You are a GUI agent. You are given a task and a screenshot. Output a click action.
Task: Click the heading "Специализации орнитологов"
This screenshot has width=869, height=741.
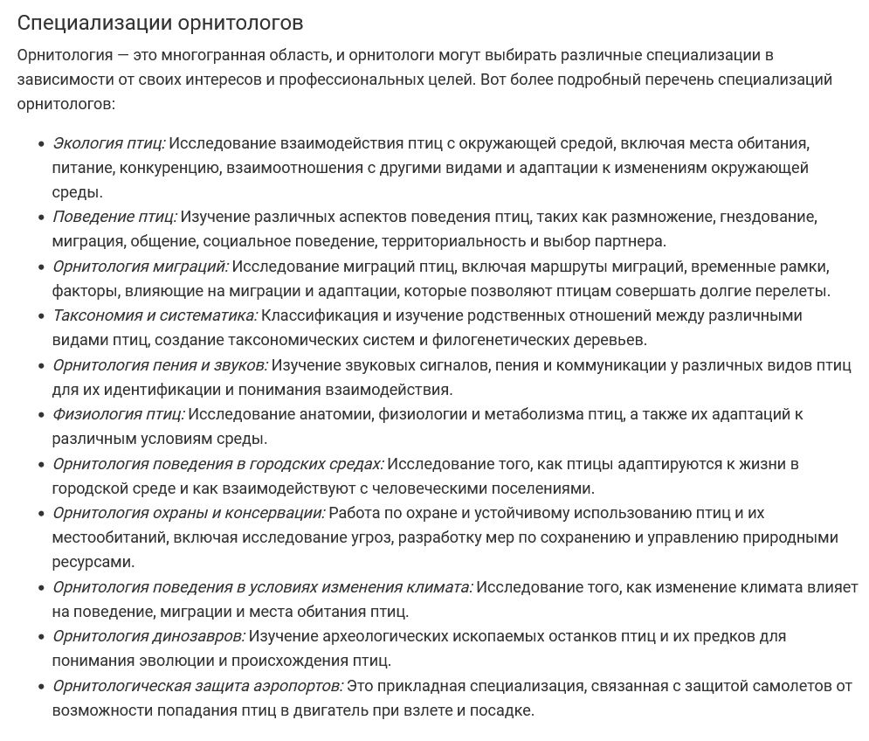pos(160,22)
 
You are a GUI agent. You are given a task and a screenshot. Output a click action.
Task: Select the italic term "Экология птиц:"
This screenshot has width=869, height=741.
pos(108,143)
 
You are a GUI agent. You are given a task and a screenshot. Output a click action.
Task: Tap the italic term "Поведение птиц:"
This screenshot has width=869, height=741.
pos(114,217)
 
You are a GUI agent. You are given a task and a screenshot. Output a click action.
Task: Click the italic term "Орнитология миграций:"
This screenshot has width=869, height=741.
pos(140,267)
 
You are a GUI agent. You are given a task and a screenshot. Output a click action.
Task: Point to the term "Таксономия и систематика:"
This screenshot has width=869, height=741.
pos(155,315)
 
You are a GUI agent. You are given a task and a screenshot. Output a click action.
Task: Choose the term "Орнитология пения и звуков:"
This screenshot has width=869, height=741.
pos(160,365)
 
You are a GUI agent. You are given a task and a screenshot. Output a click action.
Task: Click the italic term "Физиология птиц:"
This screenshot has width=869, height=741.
pos(118,414)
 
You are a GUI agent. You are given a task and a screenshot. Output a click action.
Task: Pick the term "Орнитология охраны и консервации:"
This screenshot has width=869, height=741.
pos(188,513)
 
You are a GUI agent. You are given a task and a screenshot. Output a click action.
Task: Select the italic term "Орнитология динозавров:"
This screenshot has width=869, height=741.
pos(148,636)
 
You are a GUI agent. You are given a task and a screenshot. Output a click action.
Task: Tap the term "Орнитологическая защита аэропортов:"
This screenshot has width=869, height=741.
pos(197,686)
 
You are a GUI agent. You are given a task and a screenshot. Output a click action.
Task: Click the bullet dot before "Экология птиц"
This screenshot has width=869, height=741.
pos(41,143)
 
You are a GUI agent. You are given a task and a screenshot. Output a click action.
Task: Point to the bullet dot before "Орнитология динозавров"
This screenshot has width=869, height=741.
pos(41,636)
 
